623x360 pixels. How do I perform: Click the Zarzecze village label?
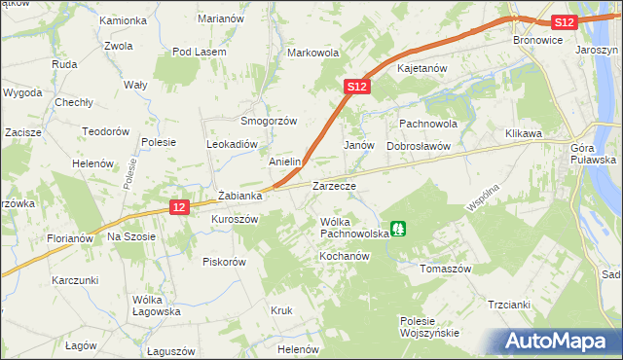tap(334, 185)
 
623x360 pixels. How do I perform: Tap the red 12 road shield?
tap(179, 207)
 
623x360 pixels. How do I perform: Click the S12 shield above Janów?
tap(357, 87)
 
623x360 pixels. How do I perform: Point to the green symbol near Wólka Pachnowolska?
tap(399, 230)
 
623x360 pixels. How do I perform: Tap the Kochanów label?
tap(341, 255)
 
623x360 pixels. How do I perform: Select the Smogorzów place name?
tap(269, 121)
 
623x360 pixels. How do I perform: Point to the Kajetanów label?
tap(421, 69)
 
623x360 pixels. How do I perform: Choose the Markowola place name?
tap(312, 53)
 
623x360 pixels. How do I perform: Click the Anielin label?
tap(288, 162)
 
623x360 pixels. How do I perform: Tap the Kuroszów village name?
tap(235, 220)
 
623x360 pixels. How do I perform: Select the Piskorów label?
tap(225, 262)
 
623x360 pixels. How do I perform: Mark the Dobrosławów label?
tap(419, 145)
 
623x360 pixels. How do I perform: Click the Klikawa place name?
tap(523, 133)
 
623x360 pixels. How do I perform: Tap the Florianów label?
tap(69, 237)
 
